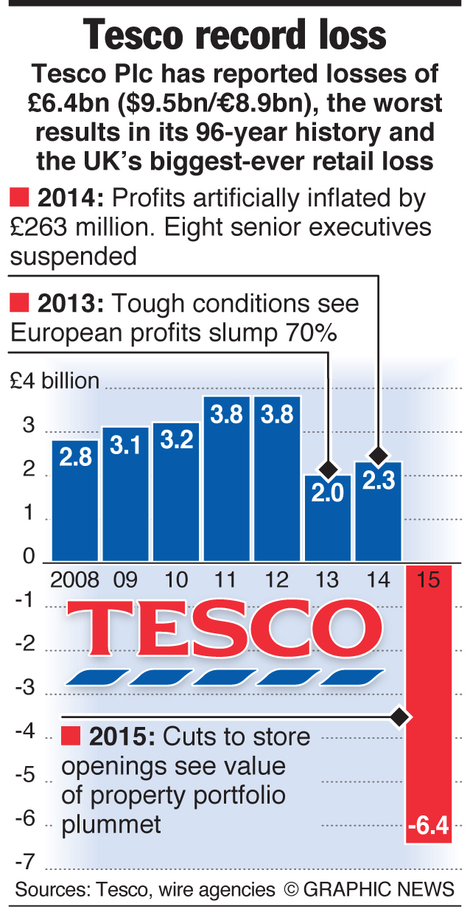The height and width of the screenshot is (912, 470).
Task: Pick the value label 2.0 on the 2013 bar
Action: pos(327,492)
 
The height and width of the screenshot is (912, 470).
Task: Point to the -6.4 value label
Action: pos(427,826)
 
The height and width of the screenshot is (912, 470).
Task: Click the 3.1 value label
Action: pos(125,445)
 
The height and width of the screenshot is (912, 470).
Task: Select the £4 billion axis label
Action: pos(55,381)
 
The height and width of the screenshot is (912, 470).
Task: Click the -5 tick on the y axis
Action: pos(27,774)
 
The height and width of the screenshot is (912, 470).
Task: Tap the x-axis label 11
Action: pos(226,579)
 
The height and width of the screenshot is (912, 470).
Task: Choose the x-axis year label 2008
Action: pos(74,579)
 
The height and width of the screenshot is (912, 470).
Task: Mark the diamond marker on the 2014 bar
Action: pos(378,455)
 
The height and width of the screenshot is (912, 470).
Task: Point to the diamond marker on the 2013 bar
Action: pos(328,469)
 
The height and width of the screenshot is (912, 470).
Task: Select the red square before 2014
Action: pos(19,198)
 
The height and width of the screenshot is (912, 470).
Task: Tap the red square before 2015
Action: pos(71,736)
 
